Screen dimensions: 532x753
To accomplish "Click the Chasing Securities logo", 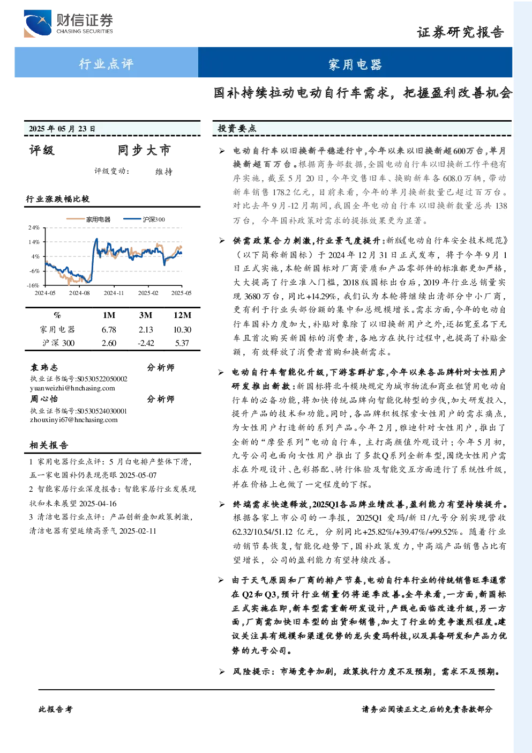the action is coord(68,23).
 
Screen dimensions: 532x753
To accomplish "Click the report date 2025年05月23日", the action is coord(62,129).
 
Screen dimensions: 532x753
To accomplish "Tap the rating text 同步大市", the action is coord(144,150).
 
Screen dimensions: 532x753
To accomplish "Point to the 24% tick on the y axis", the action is coord(34,227).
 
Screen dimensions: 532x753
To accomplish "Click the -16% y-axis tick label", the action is coord(33,285).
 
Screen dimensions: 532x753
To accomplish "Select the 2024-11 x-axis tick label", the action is coord(114,293).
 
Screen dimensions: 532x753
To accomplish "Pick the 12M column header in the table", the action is coord(182,315).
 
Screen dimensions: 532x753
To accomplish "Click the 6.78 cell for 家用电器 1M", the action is coord(109,330).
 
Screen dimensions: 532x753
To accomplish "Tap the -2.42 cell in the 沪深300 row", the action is coord(146,343).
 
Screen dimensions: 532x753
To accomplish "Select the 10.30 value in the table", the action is coord(182,330).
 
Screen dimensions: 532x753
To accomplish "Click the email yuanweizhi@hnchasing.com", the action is coord(72,388).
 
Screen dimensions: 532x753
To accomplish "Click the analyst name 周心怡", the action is coord(44,399).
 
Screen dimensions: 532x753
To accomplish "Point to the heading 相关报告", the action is coord(49,445).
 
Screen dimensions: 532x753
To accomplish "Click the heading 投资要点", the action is coord(237,128).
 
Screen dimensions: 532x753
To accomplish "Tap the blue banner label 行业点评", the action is coord(106,63).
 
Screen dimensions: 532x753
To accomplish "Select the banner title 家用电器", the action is coord(355,64).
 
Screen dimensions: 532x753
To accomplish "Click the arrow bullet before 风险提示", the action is coord(222,671).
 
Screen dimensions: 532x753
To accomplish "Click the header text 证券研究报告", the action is coord(460,32).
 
